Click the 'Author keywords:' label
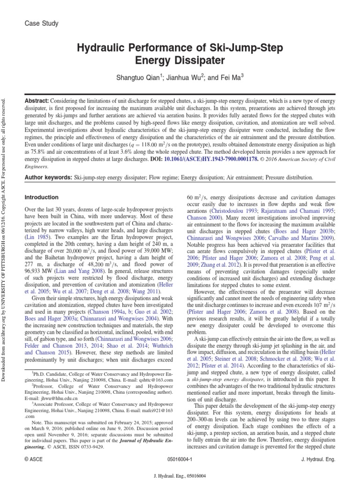(49, 178)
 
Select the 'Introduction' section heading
(41, 197)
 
